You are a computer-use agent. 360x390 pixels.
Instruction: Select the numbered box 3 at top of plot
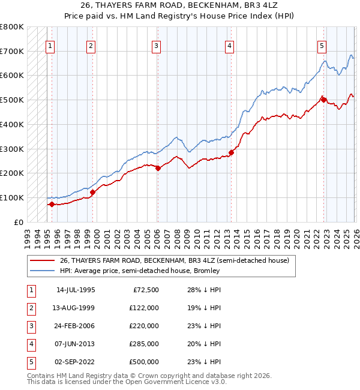156,45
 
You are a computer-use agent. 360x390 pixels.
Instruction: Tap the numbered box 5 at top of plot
322,45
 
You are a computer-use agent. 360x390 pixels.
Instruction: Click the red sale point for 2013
231,152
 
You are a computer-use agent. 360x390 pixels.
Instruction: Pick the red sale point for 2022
324,100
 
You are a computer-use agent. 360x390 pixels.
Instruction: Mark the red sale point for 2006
158,168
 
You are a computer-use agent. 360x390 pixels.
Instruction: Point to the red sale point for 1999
93,192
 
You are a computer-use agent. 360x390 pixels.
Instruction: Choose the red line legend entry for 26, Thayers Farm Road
174,260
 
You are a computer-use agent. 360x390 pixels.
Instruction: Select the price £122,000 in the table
144,308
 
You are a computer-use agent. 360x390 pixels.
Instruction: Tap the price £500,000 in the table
144,362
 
